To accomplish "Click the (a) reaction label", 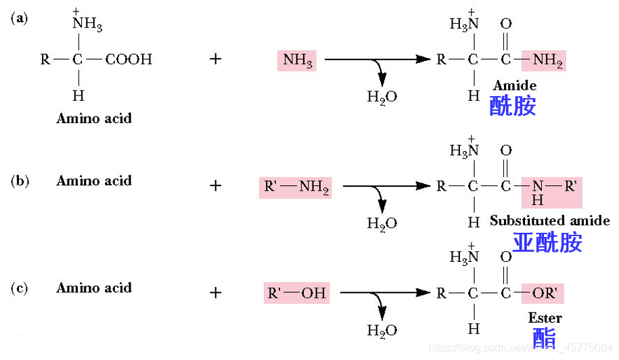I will [19, 19].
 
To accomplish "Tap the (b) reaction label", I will [19, 181].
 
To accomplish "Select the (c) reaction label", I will [19, 288].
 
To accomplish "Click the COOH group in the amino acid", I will [129, 60].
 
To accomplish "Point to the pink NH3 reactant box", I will [297, 60].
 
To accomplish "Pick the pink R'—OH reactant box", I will [297, 293].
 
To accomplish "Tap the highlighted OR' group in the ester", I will [543, 293].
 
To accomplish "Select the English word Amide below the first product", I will [514, 86].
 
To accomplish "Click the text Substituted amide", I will [549, 221].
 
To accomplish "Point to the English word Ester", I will [545, 317].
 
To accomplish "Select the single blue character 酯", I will [545, 338].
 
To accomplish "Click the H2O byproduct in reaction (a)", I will [382, 96].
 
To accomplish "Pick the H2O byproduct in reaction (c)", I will [382, 330].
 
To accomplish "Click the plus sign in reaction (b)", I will [215, 185].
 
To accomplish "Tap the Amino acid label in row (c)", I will [94, 288].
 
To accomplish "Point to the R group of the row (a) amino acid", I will [45, 60].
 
